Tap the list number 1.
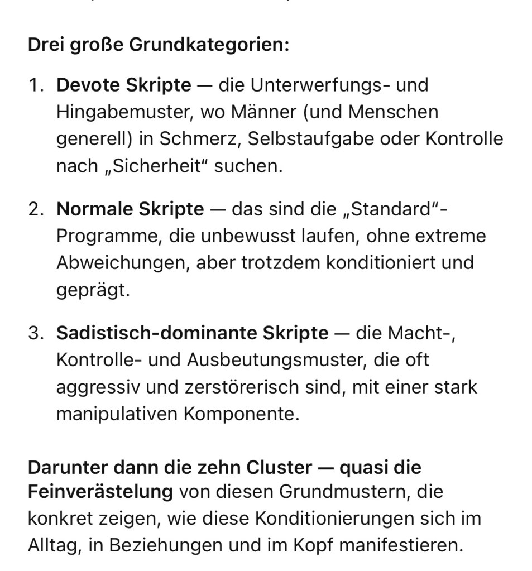35,85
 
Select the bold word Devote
88,85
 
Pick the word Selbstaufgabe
310,139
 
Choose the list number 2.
36,209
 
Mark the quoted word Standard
390,209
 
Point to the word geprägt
92,290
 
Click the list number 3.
36,333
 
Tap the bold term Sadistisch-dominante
157,333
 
